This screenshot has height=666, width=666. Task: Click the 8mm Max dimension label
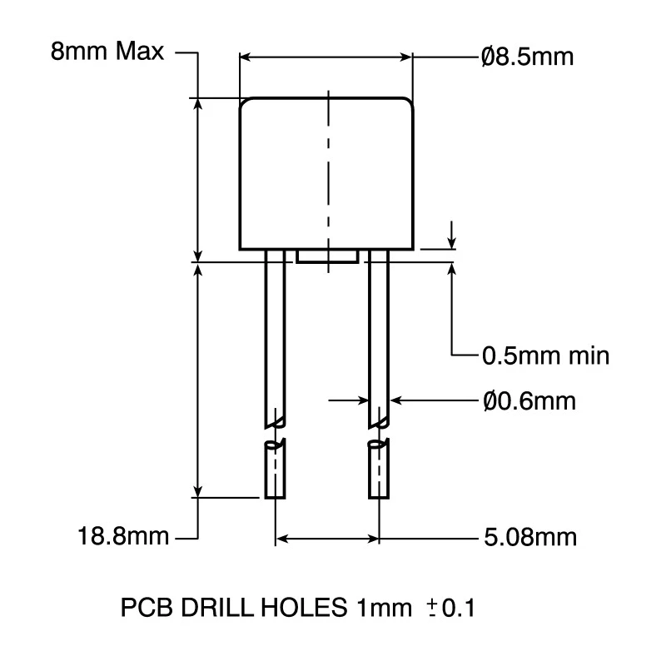click(x=107, y=52)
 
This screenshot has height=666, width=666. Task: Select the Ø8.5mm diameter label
click(x=528, y=57)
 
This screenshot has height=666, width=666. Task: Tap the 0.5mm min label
click(x=545, y=355)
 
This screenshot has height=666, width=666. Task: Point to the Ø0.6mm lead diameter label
click(x=529, y=400)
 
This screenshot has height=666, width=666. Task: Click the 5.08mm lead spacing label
click(x=530, y=537)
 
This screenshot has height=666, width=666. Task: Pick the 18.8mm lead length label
click(x=123, y=535)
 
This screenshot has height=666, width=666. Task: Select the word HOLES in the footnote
click(x=304, y=608)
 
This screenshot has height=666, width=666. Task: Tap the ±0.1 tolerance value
click(x=451, y=608)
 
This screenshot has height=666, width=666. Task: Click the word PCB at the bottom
click(x=147, y=608)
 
